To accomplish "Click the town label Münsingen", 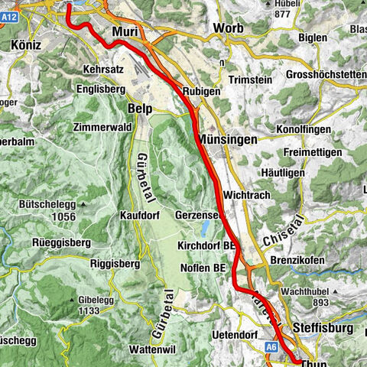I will [x=227, y=140].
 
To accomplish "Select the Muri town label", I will [x=125, y=31].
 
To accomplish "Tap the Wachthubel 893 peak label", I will [x=314, y=295].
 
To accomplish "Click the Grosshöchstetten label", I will [x=325, y=74].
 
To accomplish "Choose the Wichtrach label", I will [x=252, y=183].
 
